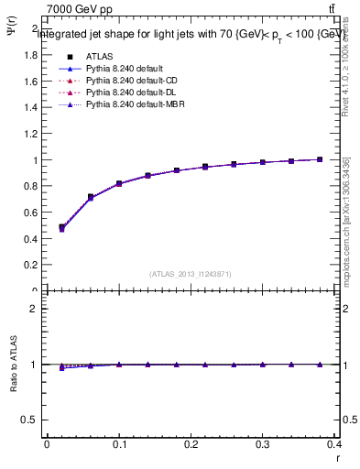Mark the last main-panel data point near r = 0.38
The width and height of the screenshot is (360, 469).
(x=321, y=159)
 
